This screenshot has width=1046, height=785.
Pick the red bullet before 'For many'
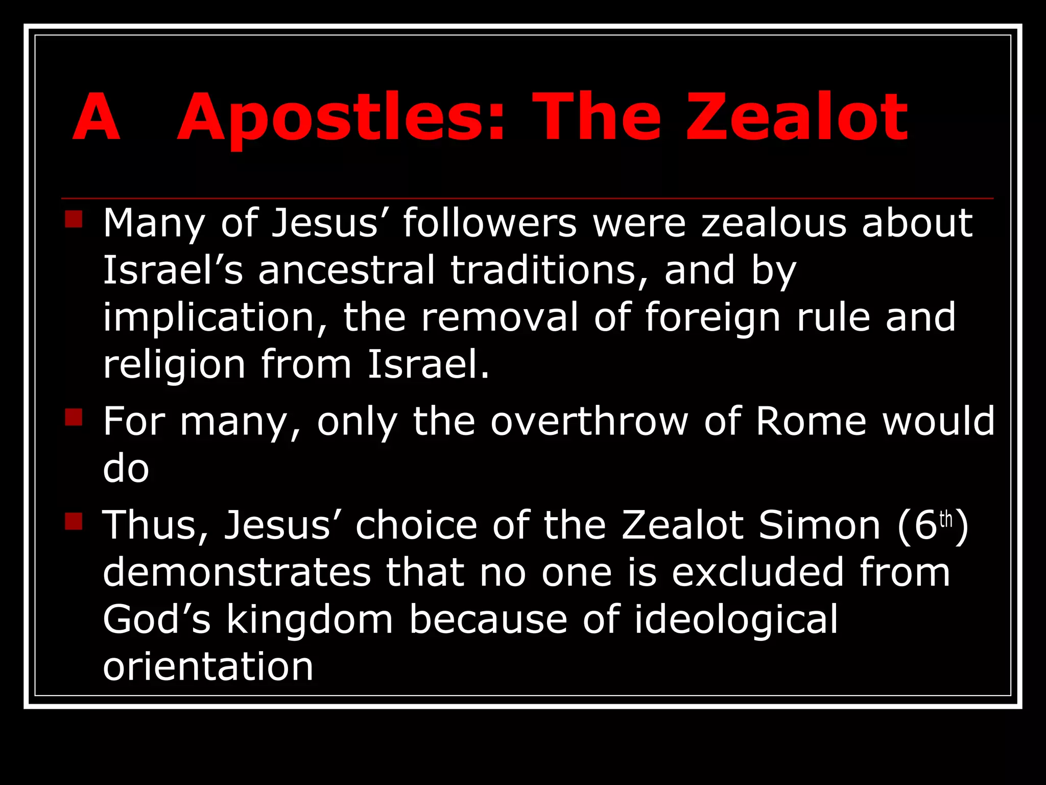[74, 417]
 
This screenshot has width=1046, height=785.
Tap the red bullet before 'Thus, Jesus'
[74, 521]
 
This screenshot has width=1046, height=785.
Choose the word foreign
[713, 318]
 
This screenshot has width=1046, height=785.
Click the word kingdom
[310, 620]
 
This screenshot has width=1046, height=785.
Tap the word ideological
[736, 620]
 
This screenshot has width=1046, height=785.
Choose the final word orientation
[208, 667]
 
